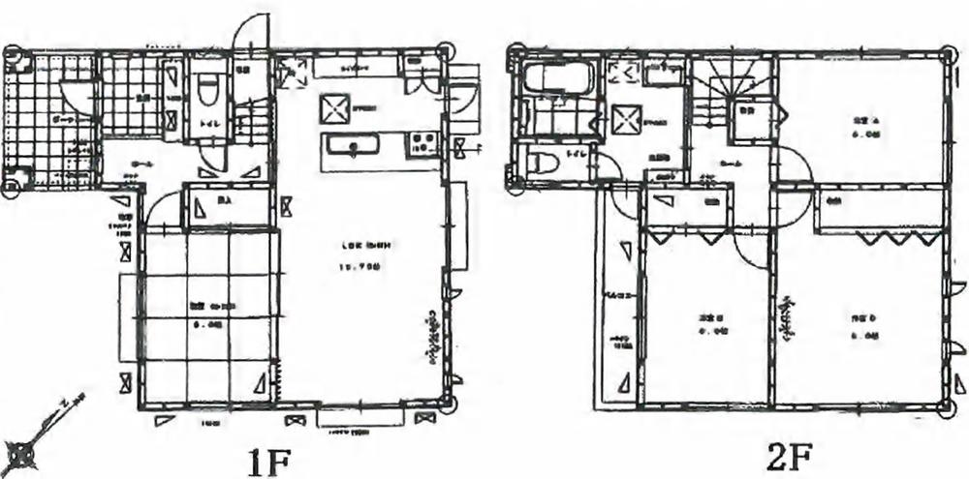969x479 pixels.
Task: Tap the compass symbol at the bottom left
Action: (22, 450)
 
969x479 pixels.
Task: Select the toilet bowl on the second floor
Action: (542, 164)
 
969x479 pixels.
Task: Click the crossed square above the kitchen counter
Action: (334, 108)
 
